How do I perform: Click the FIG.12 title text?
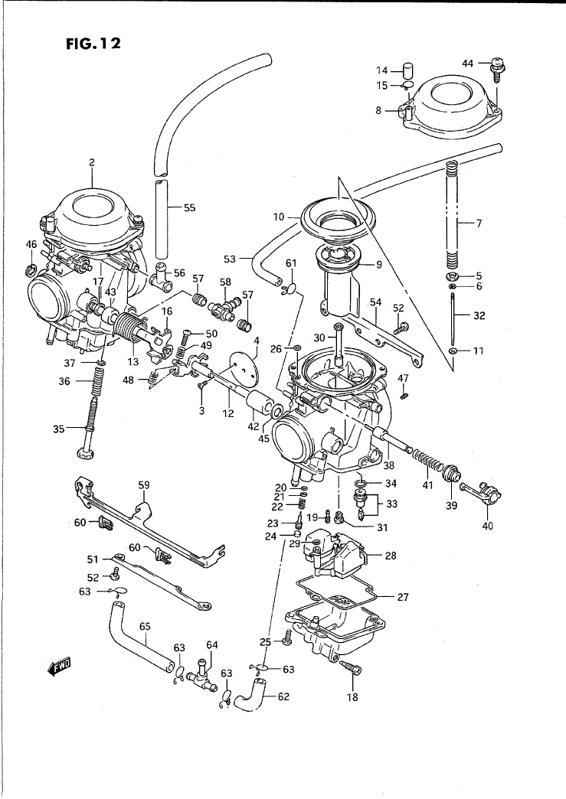(93, 44)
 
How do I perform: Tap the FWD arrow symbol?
(60, 667)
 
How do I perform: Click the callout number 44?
(470, 62)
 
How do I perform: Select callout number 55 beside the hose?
(189, 207)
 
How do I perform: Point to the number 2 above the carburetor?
(91, 162)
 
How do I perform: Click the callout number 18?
(352, 696)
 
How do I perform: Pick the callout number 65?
(145, 625)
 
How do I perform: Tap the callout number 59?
(143, 484)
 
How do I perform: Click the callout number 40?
(488, 526)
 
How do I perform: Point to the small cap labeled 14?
(408, 70)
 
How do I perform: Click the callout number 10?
(280, 217)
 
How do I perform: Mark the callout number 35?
(59, 429)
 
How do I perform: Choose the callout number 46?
(31, 245)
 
